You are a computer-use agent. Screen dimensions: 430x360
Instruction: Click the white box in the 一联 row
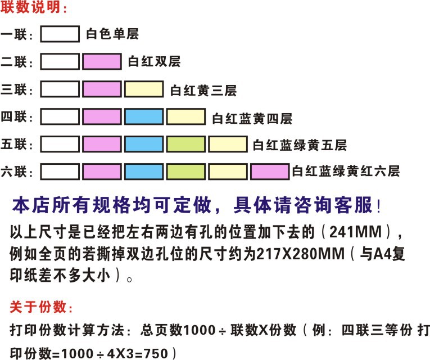(61, 34)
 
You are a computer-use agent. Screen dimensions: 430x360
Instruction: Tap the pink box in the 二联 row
(102, 61)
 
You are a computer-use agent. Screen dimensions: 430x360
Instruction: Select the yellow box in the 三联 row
(143, 89)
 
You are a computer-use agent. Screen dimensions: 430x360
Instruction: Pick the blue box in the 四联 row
(143, 117)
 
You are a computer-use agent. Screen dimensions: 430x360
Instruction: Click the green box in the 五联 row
(185, 145)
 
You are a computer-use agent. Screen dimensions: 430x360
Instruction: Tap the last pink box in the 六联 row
(269, 170)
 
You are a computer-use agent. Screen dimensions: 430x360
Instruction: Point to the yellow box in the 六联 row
(228, 170)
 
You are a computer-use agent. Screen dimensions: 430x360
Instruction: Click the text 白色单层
(112, 34)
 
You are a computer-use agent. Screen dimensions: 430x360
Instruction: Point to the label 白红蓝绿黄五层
(300, 145)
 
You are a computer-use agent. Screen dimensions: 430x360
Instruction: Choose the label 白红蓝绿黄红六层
(346, 171)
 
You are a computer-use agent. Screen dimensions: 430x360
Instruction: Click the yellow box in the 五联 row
(228, 145)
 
